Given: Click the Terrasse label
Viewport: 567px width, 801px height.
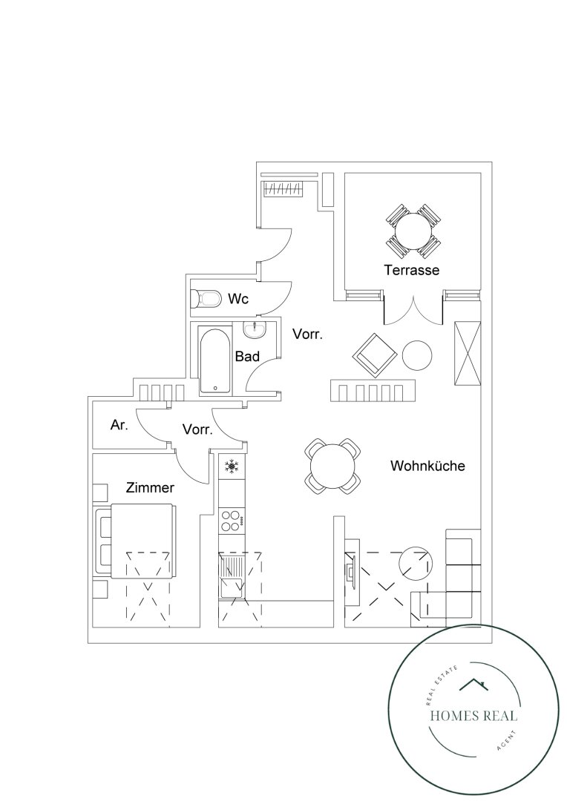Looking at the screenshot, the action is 412,270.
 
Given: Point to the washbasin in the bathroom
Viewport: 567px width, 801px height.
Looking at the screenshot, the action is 254,330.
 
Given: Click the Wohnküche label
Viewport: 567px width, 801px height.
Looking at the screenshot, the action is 428,466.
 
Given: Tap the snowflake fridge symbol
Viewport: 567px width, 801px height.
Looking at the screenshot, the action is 232,466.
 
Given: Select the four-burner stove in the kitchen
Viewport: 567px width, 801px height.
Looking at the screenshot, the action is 232,521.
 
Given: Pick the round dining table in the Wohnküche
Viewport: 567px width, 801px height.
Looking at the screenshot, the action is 332,466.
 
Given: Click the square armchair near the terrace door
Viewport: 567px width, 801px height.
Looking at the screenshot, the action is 375,355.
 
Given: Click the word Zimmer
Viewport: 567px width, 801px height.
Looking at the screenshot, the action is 150,488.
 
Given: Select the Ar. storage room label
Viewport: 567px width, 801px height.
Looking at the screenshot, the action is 119,425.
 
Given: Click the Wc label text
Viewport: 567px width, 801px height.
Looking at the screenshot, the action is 238,298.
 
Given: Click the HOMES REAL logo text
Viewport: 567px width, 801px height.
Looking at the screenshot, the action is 473,715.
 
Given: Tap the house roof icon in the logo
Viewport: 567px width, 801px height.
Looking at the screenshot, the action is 473,685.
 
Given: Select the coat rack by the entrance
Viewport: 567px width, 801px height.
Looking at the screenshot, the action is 283,188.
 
